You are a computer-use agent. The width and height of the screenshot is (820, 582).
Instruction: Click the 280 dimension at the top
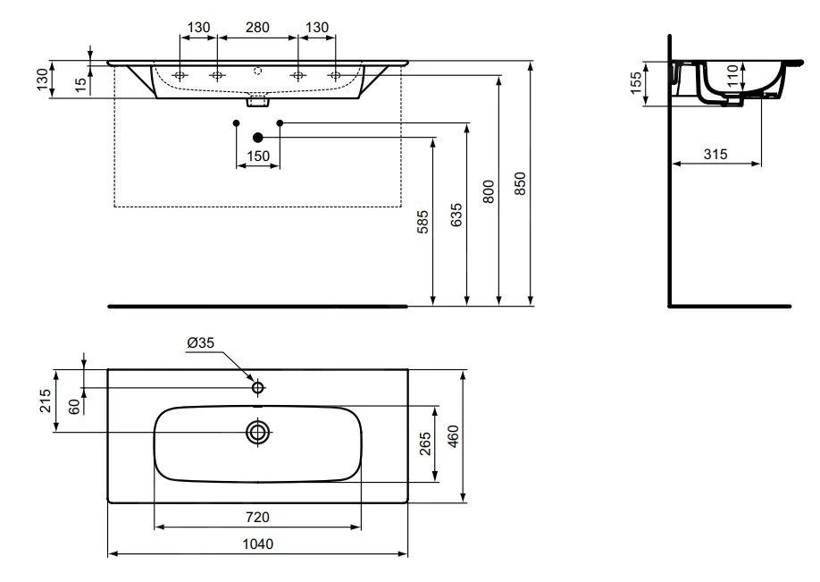click(x=257, y=27)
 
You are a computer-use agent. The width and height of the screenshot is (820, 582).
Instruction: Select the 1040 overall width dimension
click(x=259, y=544)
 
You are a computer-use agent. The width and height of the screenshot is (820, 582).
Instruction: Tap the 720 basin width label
click(x=258, y=516)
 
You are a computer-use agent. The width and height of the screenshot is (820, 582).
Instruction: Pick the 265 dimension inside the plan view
click(x=426, y=443)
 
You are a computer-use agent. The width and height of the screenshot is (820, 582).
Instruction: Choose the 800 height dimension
click(x=489, y=191)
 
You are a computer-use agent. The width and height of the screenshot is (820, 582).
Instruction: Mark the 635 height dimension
click(x=457, y=215)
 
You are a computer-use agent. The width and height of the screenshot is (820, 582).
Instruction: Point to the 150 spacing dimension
click(x=257, y=156)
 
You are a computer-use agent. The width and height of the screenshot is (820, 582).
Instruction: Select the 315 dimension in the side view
click(x=715, y=154)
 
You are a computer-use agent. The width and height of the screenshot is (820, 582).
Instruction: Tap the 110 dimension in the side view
click(x=732, y=75)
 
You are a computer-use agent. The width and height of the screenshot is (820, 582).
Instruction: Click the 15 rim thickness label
click(x=81, y=83)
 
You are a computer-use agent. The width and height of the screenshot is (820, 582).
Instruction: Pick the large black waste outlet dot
click(x=258, y=137)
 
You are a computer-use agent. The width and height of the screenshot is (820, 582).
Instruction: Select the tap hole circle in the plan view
click(x=258, y=388)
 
